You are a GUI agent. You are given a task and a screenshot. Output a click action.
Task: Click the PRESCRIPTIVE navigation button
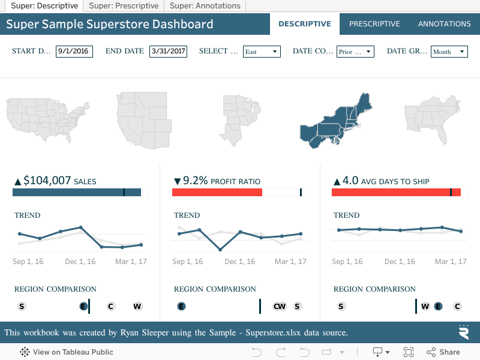(x=374, y=24)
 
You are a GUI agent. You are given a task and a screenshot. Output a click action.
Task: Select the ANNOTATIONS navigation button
(x=444, y=24)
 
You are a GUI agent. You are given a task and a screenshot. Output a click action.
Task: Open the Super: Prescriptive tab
(x=124, y=6)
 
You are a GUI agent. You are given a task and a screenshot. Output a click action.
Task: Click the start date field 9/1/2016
(x=74, y=52)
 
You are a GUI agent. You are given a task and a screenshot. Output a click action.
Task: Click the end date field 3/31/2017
(x=168, y=52)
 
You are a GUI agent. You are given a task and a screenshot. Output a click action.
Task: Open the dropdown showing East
(x=262, y=52)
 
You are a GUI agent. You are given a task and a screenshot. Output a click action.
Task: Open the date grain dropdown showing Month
(x=449, y=52)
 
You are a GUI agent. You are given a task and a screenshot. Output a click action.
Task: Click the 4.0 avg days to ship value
(x=350, y=181)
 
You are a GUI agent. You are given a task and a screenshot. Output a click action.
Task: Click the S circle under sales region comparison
(x=22, y=307)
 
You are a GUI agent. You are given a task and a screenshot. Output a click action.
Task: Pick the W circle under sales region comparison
(x=137, y=307)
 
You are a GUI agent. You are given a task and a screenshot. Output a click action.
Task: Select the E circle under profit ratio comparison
(x=181, y=307)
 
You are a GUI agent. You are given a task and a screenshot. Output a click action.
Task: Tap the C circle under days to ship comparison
(x=457, y=307)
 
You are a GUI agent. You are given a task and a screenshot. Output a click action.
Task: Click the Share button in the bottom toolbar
(x=443, y=352)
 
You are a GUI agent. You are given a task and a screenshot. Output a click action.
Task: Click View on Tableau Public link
(x=67, y=352)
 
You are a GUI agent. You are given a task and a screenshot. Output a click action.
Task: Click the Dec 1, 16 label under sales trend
(x=80, y=262)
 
